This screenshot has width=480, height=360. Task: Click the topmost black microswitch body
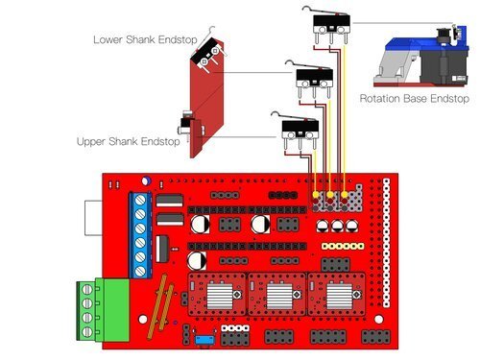[331, 21]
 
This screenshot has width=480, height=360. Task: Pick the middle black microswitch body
[315, 75]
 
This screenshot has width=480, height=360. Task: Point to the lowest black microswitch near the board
[300, 126]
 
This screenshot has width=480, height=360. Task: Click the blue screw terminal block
[140, 235]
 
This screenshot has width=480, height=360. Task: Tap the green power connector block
[103, 310]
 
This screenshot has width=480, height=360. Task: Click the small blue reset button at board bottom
[205, 340]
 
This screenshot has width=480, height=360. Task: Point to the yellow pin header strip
[343, 246]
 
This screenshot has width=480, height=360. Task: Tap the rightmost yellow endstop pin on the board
[345, 194]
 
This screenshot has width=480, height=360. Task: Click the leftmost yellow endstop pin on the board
[316, 194]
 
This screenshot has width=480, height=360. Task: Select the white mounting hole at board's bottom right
[379, 320]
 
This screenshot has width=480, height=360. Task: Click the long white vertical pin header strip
[387, 243]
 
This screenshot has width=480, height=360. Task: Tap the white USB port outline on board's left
[93, 218]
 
